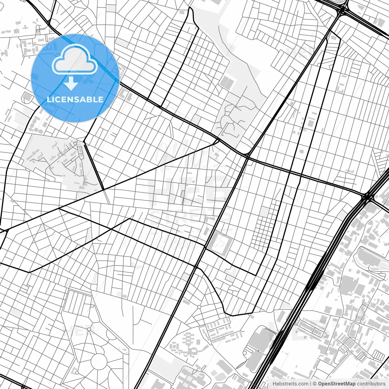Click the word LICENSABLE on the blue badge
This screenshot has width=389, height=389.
[75, 100]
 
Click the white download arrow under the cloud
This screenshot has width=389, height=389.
[71, 83]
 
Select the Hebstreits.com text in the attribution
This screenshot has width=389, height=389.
[290, 384]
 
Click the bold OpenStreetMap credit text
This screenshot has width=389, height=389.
[336, 384]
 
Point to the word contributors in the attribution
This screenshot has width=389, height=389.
[371, 384]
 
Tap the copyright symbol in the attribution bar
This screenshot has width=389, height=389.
[315, 384]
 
